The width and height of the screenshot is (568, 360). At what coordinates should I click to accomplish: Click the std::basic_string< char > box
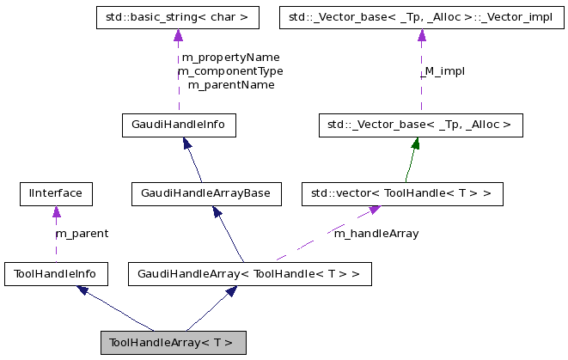(178, 16)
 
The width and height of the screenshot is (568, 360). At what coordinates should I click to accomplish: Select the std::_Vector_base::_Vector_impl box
(421, 16)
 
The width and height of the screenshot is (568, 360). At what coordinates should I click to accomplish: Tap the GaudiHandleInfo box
(178, 125)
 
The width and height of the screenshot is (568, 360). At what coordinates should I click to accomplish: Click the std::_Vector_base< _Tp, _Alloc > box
(420, 125)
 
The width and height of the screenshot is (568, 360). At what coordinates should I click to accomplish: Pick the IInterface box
(55, 193)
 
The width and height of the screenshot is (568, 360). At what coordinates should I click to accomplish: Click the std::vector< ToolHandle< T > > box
(401, 193)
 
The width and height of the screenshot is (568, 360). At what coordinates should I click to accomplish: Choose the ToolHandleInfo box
(55, 274)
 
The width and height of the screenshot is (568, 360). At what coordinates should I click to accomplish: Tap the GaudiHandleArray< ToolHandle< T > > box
(249, 274)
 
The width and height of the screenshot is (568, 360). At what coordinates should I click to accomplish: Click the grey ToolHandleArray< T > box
(173, 342)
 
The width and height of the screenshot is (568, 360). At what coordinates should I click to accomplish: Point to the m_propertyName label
(230, 58)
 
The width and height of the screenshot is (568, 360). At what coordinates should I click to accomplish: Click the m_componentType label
(230, 71)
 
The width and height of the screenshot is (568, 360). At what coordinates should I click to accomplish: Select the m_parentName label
(230, 85)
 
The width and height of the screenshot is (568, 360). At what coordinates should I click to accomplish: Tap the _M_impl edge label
(443, 71)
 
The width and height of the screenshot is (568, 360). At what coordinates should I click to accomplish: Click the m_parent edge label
(82, 233)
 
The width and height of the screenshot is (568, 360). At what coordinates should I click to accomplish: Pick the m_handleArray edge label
(376, 233)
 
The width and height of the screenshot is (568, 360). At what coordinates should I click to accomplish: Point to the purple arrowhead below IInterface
(55, 211)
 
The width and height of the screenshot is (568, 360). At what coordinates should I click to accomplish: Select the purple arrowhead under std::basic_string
(178, 35)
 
